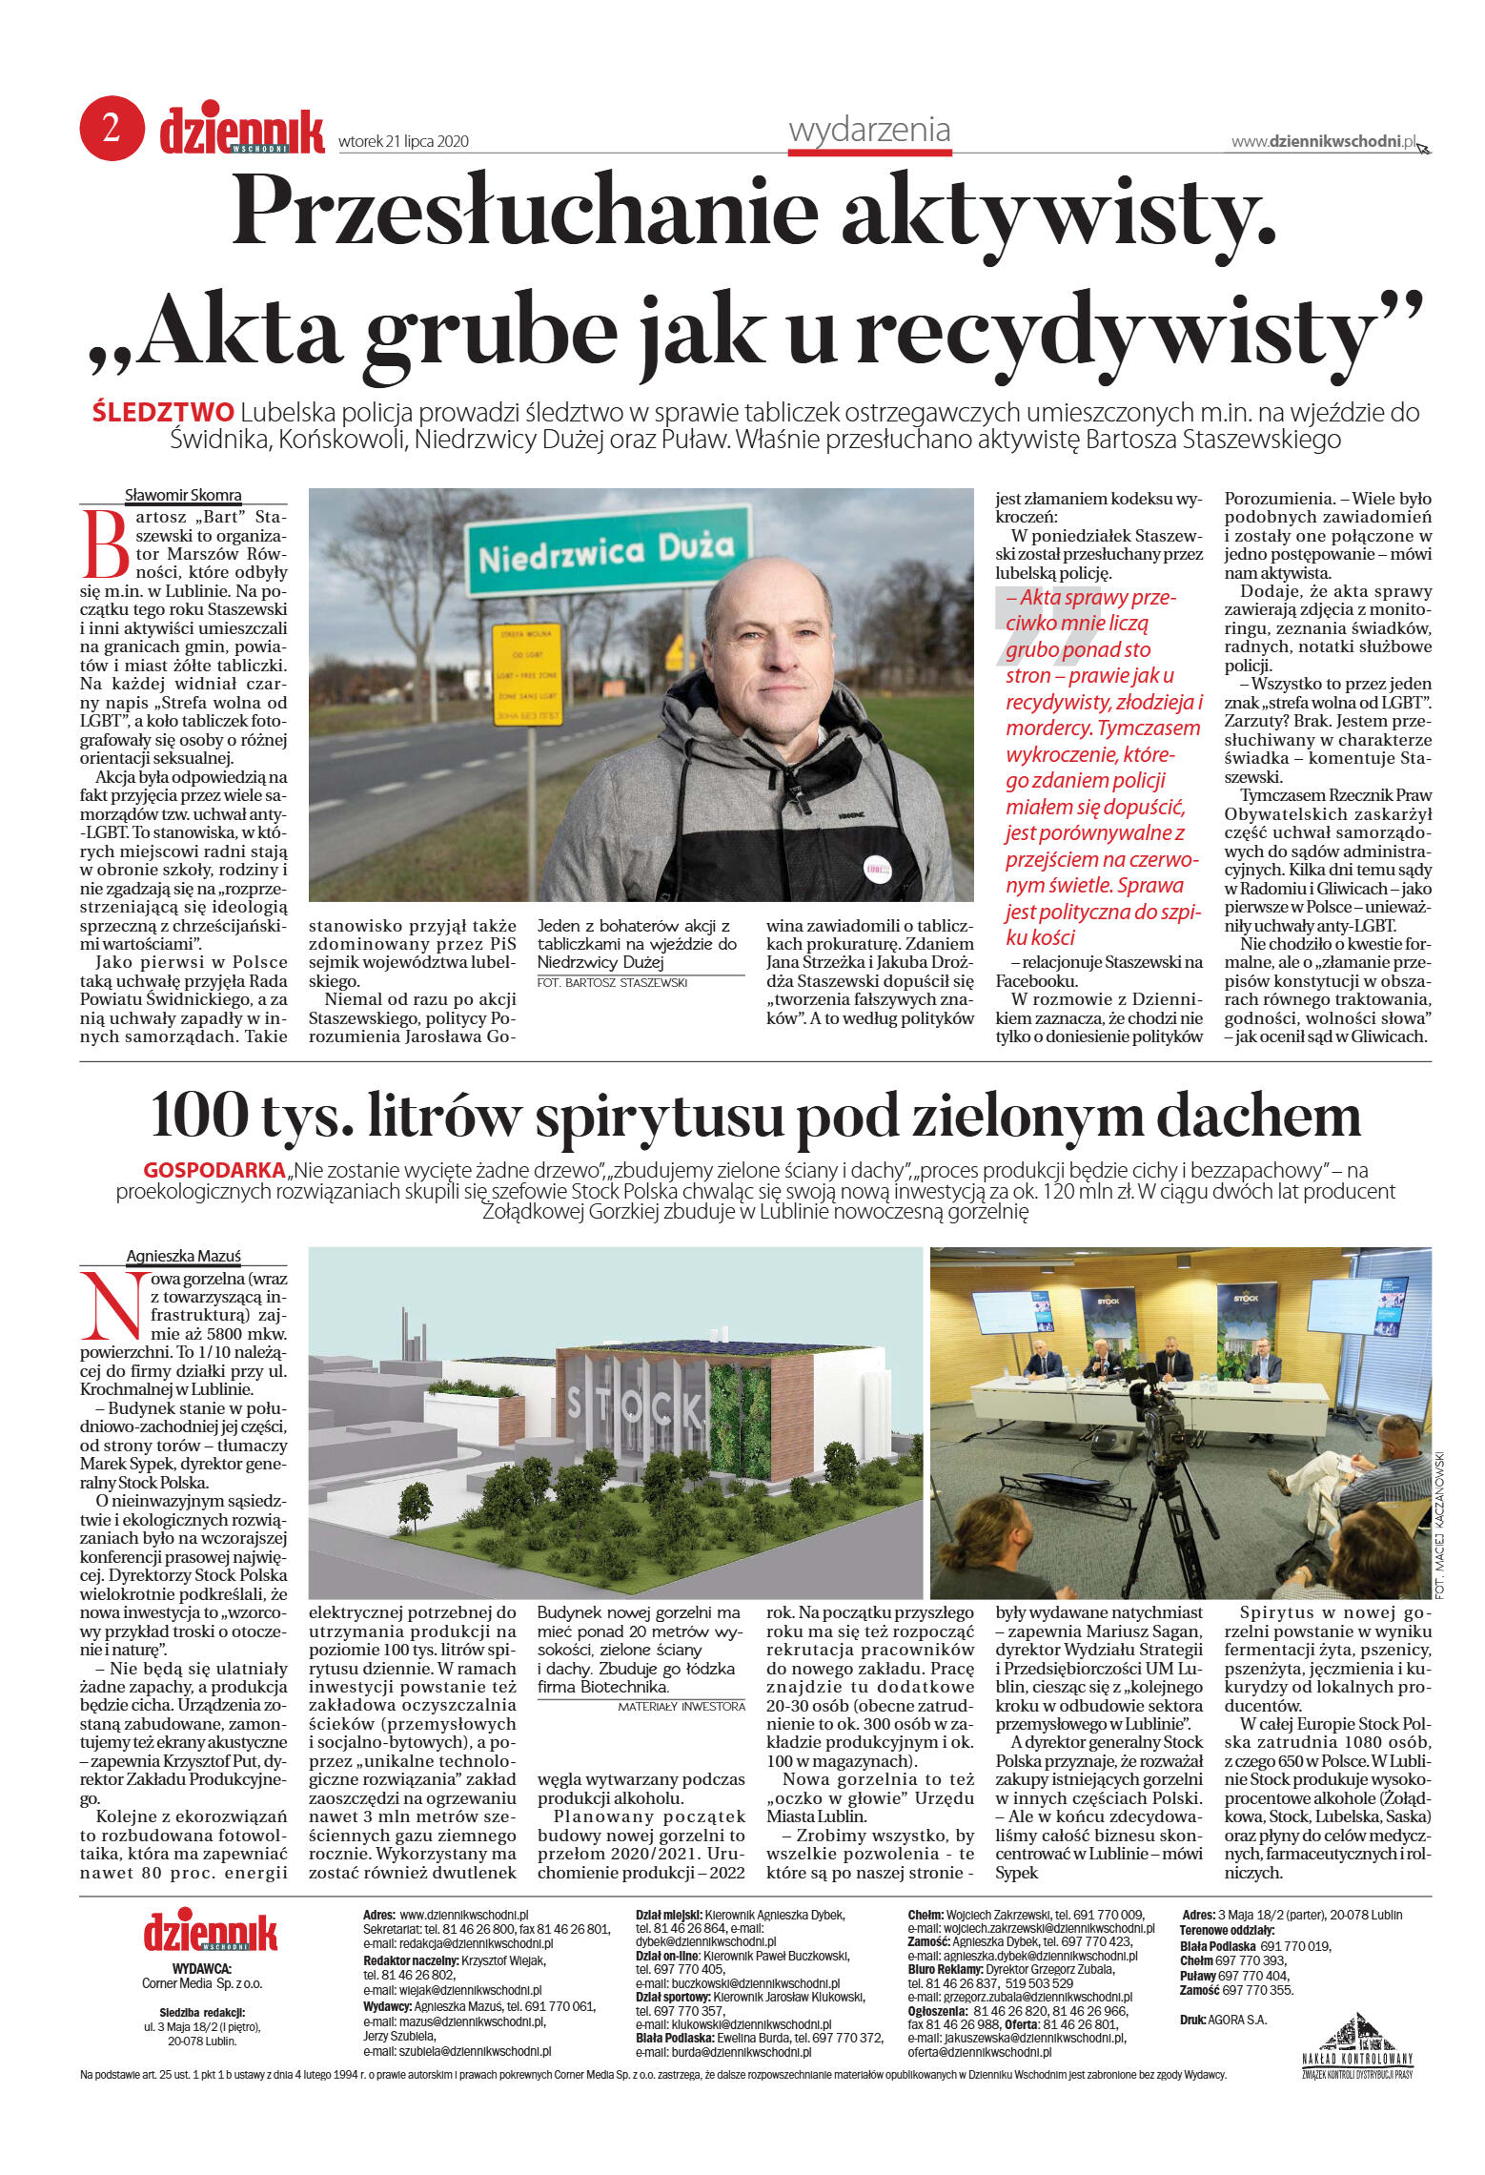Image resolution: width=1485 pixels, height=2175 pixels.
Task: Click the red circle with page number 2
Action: (x=112, y=128)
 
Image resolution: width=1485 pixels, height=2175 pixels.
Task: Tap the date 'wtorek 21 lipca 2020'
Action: (x=403, y=142)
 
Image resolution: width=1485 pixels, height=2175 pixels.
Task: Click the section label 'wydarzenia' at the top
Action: (x=869, y=131)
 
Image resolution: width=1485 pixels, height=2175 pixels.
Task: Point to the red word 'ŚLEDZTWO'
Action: (x=163, y=413)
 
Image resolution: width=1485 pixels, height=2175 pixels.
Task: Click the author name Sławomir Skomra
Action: (x=183, y=495)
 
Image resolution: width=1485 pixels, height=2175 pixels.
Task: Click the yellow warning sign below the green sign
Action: (x=527, y=674)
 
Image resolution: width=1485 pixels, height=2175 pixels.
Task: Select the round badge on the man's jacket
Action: (x=877, y=867)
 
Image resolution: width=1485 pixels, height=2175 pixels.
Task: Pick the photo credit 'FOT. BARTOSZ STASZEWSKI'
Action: (x=612, y=982)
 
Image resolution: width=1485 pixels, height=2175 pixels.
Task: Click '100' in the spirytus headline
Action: (x=196, y=1115)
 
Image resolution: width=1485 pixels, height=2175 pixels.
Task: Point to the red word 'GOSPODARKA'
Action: (x=214, y=1170)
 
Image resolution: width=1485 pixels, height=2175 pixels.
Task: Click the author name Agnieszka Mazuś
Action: (x=183, y=1256)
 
